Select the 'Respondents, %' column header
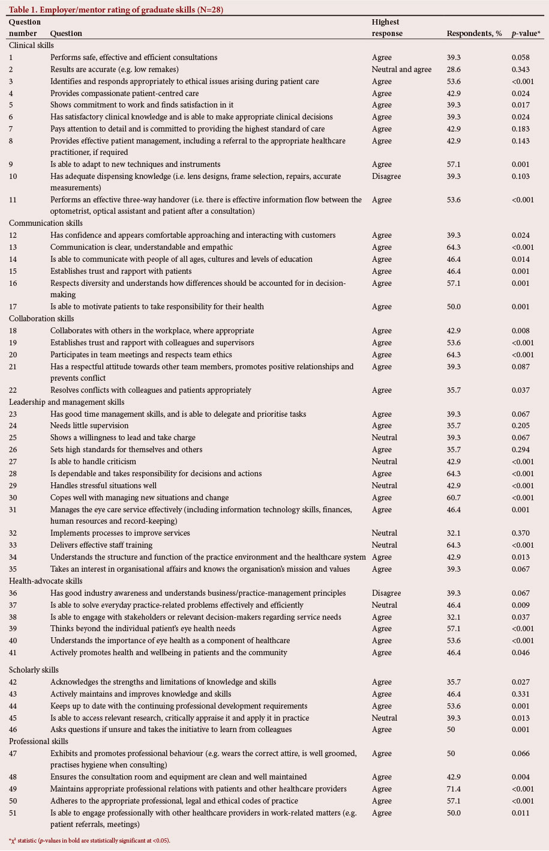tap(474, 34)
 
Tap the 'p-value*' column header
tap(526, 34)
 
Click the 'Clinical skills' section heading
tap(31, 46)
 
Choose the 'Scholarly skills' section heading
tap(34, 670)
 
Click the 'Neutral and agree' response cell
tap(401, 70)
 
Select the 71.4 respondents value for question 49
tap(455, 789)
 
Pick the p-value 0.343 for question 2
tap(521, 70)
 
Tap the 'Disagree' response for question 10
tap(386, 177)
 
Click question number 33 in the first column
tap(13, 545)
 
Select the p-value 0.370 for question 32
tap(521, 533)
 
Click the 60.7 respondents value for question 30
tap(455, 497)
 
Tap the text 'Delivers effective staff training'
tap(101, 545)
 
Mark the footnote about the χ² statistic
tap(90, 840)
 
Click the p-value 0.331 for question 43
tap(521, 694)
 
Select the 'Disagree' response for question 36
tap(386, 593)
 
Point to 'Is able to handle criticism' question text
tap(93, 462)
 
